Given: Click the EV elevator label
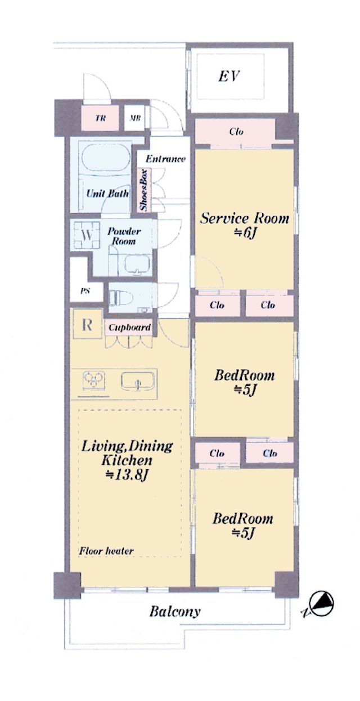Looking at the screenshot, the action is [228, 76].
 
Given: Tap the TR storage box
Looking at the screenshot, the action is [100, 118].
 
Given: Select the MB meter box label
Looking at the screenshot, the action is [135, 118].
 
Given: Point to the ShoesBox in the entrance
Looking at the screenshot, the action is [144, 190].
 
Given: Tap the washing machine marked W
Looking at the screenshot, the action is [87, 235].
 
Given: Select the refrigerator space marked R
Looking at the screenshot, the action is [87, 325].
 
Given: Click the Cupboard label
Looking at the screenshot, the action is [129, 327].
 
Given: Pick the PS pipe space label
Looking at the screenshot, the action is [85, 291].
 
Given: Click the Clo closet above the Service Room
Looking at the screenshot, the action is [236, 131].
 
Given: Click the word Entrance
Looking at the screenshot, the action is [166, 159].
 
